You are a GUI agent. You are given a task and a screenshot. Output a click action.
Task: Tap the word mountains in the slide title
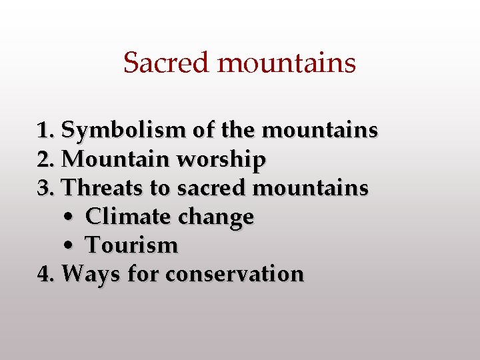point(287,63)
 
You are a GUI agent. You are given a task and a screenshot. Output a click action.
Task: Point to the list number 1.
point(45,131)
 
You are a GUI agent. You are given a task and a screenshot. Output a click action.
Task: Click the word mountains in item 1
point(320,131)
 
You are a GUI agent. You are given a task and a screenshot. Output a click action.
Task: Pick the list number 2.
point(45,159)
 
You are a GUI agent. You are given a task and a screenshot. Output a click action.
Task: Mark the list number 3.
point(45,188)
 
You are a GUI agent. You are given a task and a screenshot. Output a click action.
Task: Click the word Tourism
point(132,245)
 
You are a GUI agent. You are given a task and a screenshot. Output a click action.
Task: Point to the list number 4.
point(45,274)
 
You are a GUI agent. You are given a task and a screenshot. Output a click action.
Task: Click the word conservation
point(234,274)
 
